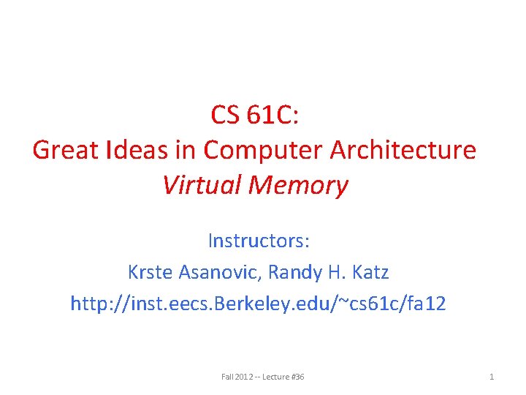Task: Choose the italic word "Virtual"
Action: click(x=202, y=185)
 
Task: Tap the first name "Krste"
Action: click(x=150, y=272)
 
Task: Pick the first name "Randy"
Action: click(x=295, y=272)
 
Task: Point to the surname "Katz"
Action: click(x=371, y=272)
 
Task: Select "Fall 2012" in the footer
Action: click(x=236, y=377)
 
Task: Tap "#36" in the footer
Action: click(x=297, y=377)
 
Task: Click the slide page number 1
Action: click(x=492, y=377)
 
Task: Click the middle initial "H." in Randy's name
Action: click(x=338, y=272)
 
